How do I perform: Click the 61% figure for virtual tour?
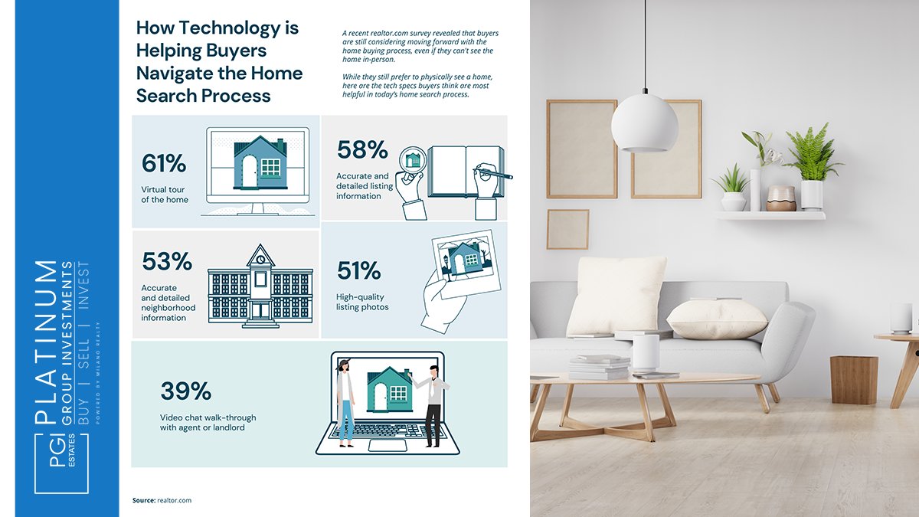(164, 163)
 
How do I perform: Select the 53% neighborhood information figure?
(166, 261)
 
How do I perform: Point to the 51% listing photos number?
(358, 270)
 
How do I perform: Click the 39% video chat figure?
(185, 391)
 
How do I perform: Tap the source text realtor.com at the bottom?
(173, 500)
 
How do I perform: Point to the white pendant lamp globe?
(644, 123)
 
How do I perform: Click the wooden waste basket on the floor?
(853, 379)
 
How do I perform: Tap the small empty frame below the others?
(567, 229)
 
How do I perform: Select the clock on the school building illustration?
(260, 259)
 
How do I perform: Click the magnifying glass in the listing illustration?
(412, 161)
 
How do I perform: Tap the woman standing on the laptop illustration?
(345, 402)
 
